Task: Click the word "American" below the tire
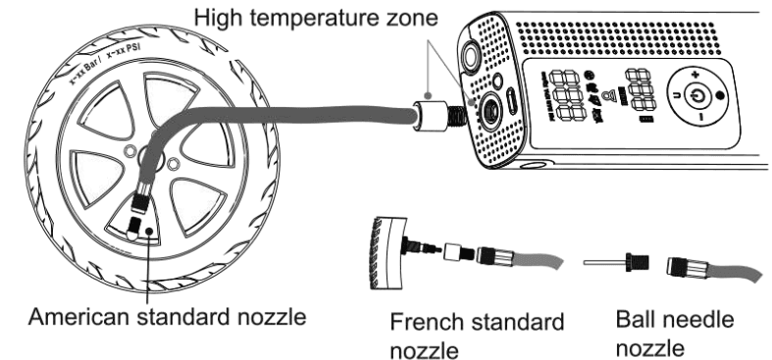[x=89, y=317]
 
